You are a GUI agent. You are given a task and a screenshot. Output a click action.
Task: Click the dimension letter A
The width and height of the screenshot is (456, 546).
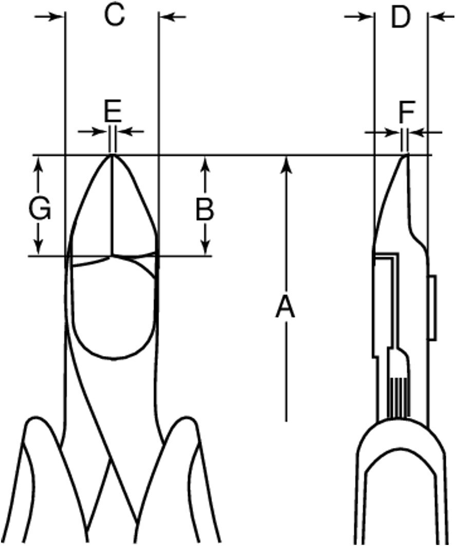[286, 307]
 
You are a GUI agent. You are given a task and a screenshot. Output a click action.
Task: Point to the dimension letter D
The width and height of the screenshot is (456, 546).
[401, 17]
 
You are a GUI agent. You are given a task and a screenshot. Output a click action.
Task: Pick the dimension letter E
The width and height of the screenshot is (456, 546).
[112, 109]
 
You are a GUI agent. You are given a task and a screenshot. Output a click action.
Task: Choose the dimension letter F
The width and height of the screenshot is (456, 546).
[407, 110]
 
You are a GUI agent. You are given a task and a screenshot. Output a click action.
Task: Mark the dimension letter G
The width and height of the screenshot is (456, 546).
[40, 209]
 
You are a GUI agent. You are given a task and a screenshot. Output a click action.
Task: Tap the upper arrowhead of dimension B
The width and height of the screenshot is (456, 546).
[205, 164]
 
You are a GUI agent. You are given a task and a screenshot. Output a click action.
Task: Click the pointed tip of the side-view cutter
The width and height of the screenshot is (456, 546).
[406, 155]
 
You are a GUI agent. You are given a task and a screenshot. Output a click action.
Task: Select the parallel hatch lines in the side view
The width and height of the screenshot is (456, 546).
[396, 398]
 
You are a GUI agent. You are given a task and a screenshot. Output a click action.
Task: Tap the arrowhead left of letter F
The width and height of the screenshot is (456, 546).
[393, 133]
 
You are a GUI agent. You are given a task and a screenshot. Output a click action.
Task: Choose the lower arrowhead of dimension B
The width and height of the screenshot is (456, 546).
[205, 247]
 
